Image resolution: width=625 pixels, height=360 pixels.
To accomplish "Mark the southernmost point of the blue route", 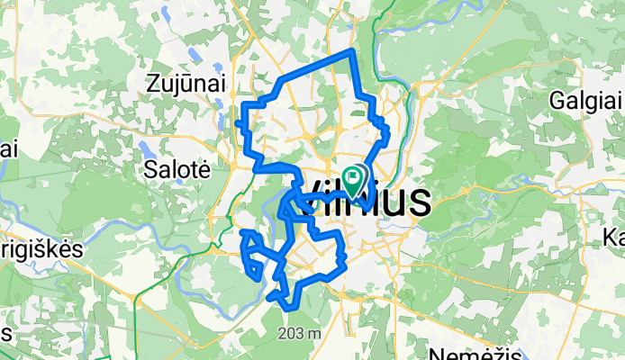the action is click(x=289, y=309).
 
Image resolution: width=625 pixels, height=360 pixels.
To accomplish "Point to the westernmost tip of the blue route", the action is click(x=237, y=121).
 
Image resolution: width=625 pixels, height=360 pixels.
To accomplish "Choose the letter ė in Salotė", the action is click(x=204, y=168).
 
